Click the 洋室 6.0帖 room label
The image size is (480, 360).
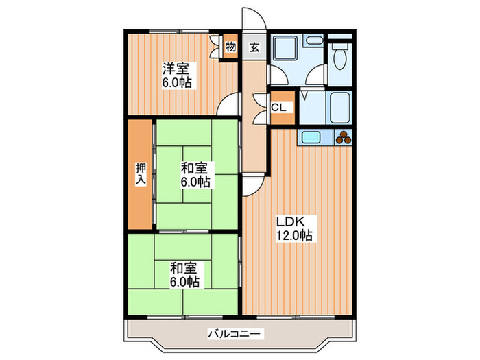point(177,75)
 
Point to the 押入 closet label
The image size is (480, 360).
point(141,174)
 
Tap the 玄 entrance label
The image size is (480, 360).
point(254,47)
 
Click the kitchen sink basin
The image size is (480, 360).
point(311,136)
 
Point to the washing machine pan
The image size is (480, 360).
point(283,49)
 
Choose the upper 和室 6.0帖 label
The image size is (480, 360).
point(195,175)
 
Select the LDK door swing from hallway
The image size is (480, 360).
point(252,184)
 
